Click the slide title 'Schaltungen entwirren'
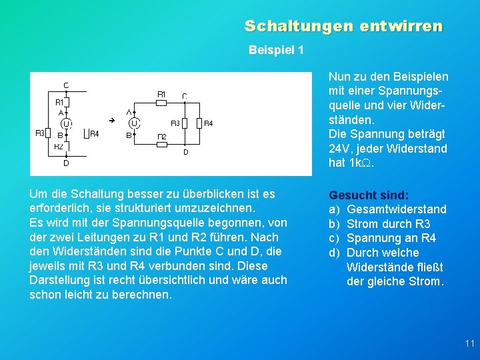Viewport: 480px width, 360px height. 343,26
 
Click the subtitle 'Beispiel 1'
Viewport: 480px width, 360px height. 275,50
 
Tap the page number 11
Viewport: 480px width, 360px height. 469,343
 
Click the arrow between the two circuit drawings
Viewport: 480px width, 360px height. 112,120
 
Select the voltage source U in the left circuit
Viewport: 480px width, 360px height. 67,123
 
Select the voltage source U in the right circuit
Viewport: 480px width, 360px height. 135,123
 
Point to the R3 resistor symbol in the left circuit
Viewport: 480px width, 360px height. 50,133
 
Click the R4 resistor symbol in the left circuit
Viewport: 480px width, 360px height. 85,134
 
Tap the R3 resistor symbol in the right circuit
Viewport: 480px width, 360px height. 185,123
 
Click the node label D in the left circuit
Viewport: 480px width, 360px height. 66,163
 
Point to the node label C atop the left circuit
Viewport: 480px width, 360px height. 66,85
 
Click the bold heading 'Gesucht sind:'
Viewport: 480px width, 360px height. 369,195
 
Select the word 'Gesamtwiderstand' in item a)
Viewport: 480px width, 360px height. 397,209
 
